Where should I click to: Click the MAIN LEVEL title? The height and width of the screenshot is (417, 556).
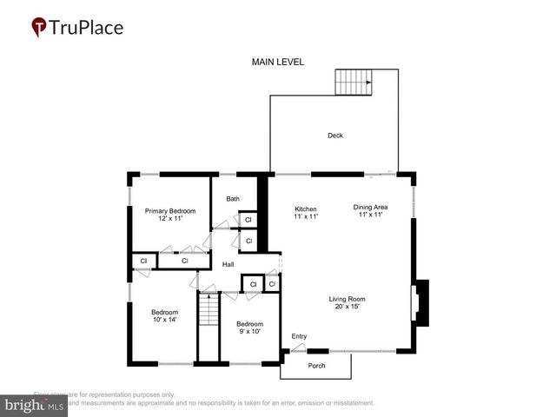pos(278,63)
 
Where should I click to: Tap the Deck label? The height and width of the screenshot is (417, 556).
pos(334,136)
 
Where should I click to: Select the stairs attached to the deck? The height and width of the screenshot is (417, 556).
pos(354,83)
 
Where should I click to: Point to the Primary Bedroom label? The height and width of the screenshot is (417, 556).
pos(170,211)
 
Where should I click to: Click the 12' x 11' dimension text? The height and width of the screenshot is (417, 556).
pos(170,219)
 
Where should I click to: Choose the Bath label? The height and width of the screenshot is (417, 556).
pos(233,199)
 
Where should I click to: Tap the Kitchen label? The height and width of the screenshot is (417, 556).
pos(306,208)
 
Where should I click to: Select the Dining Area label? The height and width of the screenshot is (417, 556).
pos(369,207)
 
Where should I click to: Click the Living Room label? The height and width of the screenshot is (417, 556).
pos(347,298)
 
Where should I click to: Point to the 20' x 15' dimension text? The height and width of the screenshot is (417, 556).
pos(347,306)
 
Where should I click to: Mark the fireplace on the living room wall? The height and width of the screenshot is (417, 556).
pos(420,302)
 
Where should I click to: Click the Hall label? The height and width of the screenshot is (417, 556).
pos(228,264)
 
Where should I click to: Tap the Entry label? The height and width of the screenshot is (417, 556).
pos(299,336)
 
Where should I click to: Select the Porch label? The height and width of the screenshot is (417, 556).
pos(317,366)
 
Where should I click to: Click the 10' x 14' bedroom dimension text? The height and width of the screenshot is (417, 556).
pos(164,321)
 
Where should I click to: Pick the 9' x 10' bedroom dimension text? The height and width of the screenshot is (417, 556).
pos(249,331)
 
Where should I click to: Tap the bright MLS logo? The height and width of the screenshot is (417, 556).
pos(36,405)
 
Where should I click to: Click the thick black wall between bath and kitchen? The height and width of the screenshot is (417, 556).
pos(262,213)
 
